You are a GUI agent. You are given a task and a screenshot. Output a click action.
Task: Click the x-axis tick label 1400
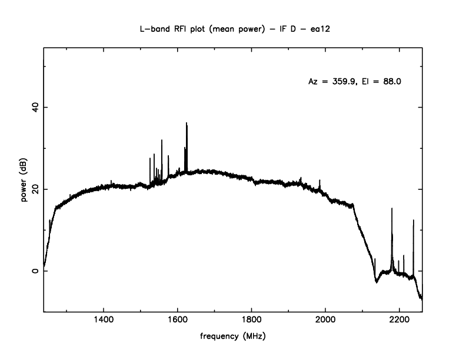tap(104, 321)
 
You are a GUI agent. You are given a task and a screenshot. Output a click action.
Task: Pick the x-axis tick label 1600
tap(178, 321)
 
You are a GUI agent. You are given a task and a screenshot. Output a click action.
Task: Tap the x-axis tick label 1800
tap(252, 321)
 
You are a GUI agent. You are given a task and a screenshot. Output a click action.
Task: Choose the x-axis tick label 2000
tap(325, 321)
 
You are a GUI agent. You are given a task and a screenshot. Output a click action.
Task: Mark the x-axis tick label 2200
tap(400, 321)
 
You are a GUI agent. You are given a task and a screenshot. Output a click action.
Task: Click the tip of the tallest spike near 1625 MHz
tap(187, 123)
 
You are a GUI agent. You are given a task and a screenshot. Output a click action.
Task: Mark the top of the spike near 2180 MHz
tap(392, 208)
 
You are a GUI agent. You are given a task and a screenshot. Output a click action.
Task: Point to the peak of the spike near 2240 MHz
tap(414, 220)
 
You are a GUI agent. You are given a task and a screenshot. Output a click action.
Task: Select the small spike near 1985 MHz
tap(319, 180)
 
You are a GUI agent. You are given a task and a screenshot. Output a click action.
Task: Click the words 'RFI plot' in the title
tap(193, 28)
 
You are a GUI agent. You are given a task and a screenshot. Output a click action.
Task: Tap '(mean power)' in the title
tap(241, 28)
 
